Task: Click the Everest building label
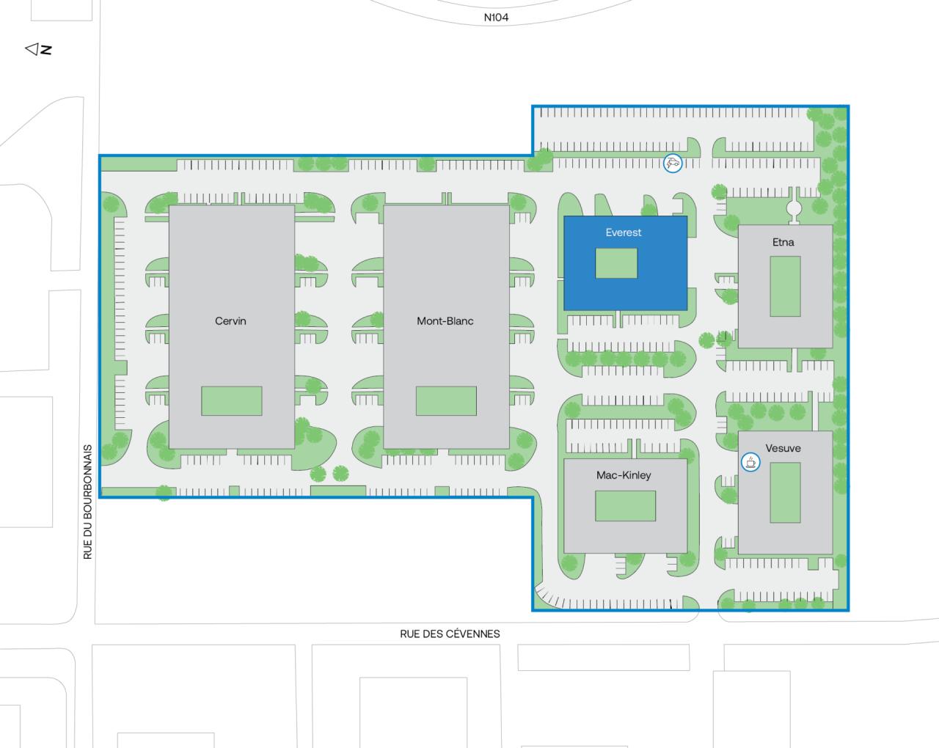tap(623, 232)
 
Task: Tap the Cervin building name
tap(230, 321)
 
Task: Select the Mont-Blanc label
tap(445, 321)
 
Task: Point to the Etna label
tap(783, 242)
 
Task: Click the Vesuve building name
tap(783, 448)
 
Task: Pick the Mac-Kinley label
tap(624, 475)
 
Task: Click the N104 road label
tap(496, 18)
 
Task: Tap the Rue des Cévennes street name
tap(450, 634)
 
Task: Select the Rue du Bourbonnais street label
tap(88, 502)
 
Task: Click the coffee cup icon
tap(750, 462)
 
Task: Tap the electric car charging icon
tap(673, 163)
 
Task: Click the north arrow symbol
tap(32, 49)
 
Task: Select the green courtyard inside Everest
tap(616, 263)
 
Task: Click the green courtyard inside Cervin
tap(232, 401)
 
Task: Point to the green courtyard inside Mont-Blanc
tap(446, 401)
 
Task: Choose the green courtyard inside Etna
tap(785, 286)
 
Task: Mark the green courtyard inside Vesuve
tap(785, 492)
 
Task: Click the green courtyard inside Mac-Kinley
tap(625, 506)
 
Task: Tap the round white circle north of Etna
tap(794, 208)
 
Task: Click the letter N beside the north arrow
tap(46, 49)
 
